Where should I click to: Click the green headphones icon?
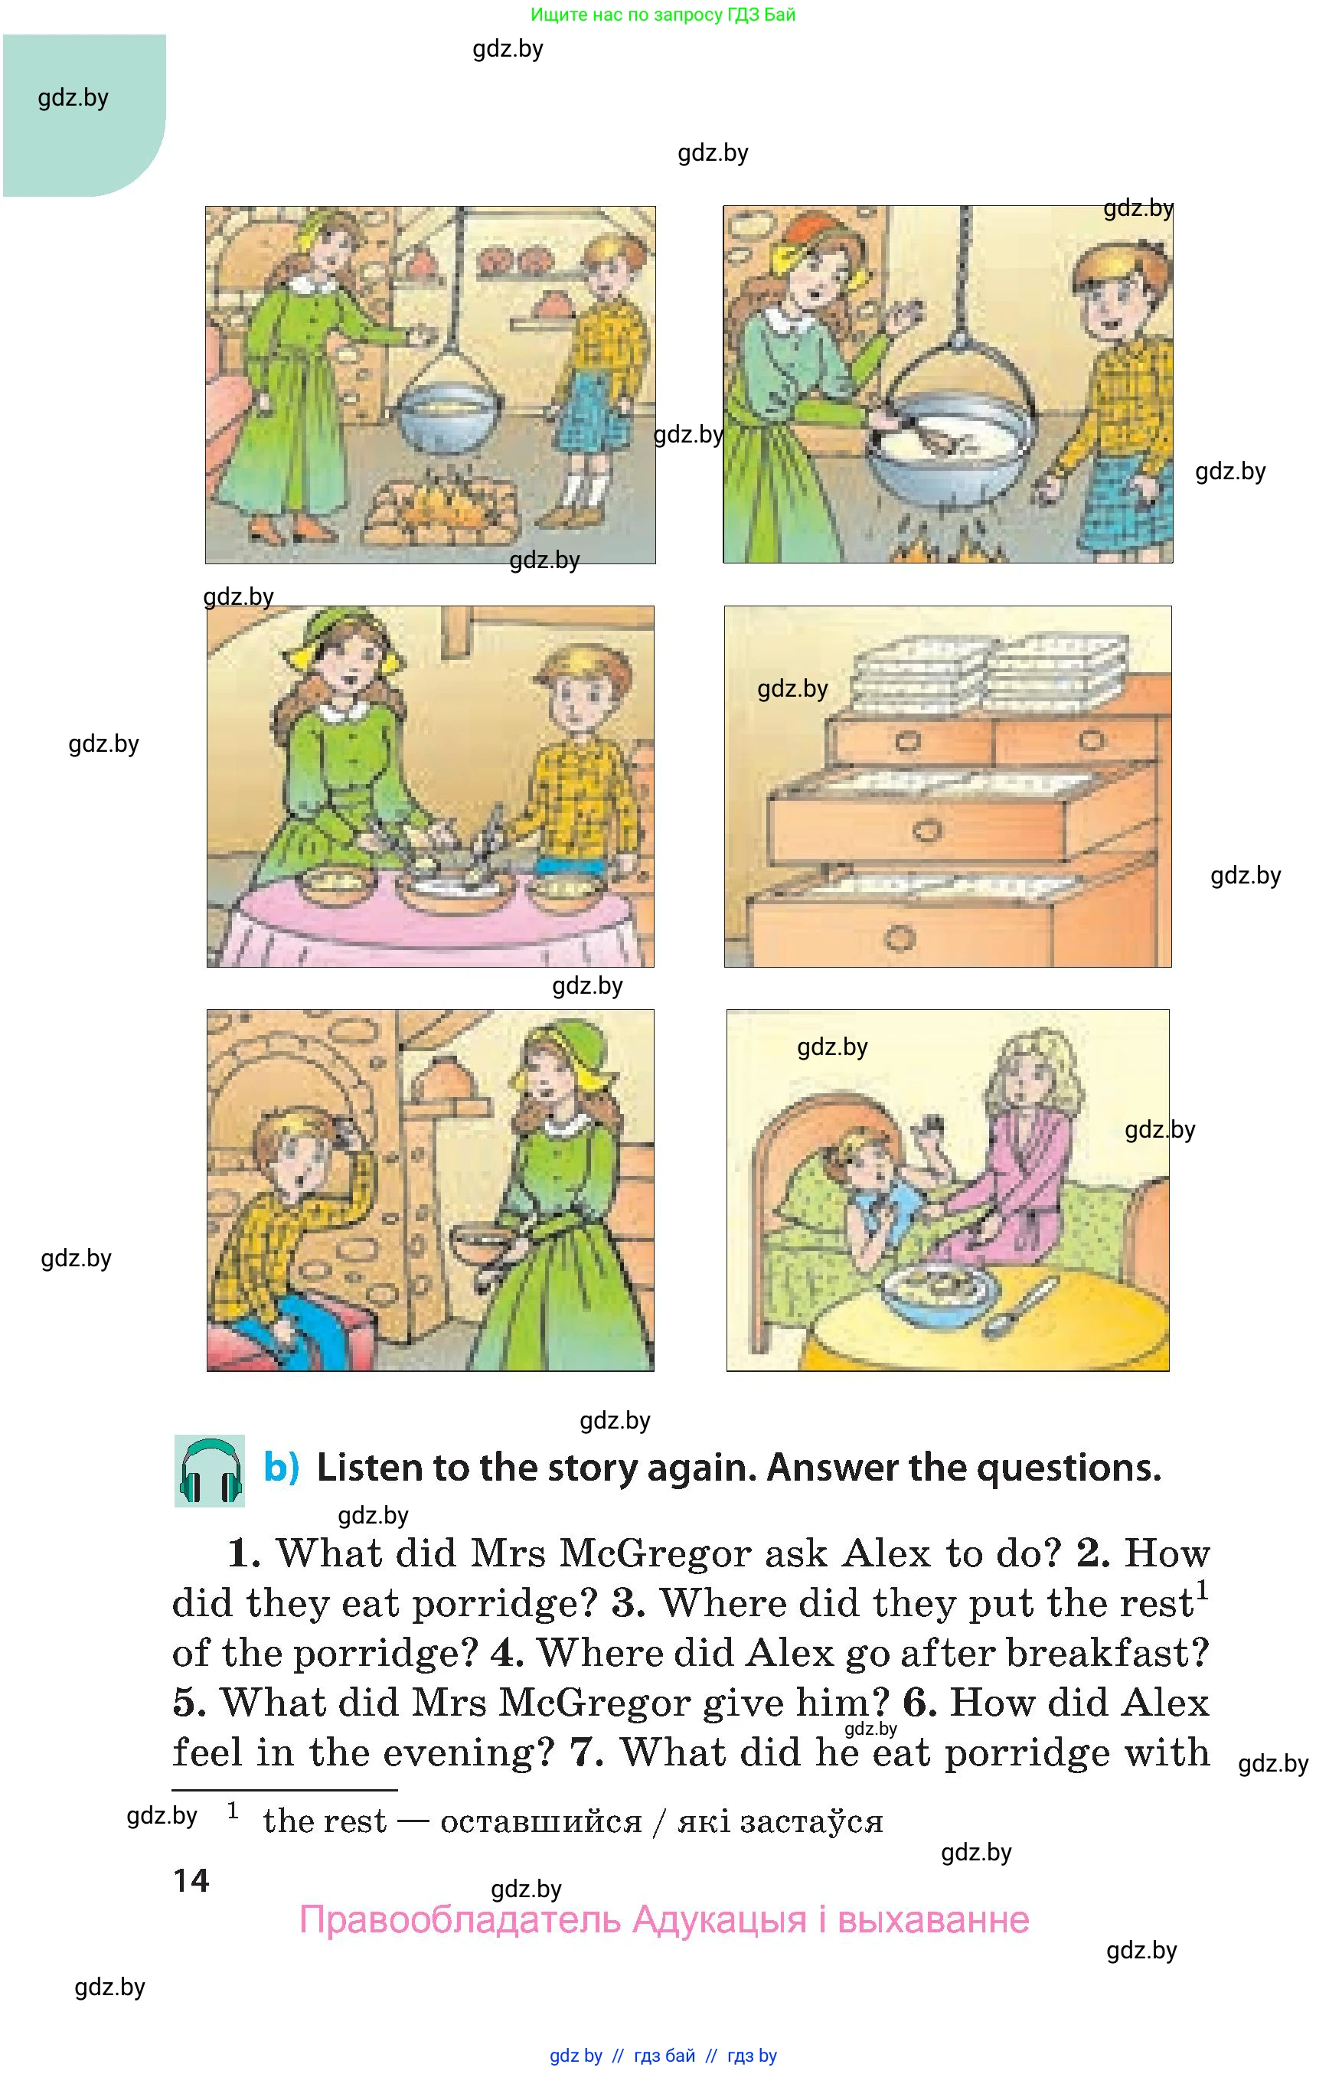point(210,1471)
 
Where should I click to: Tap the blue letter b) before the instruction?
point(281,1467)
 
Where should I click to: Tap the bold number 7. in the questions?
point(586,1753)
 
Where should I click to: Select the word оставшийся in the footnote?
point(541,1821)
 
